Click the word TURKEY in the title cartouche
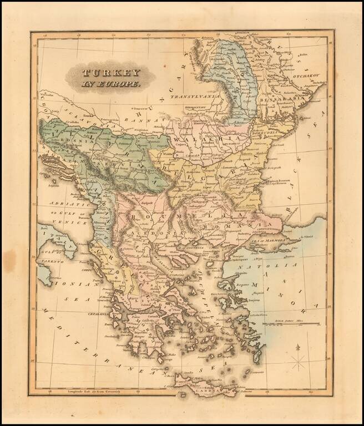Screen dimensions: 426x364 pos(104,73)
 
